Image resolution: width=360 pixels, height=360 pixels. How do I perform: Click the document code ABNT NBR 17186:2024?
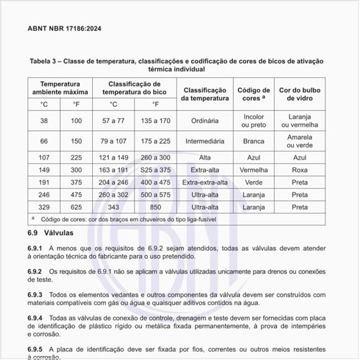(x=64, y=29)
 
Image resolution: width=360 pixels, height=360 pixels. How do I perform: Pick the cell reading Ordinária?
(x=206, y=121)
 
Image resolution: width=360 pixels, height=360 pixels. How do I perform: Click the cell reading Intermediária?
(x=206, y=141)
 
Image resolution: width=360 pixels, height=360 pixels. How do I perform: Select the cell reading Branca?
(x=253, y=141)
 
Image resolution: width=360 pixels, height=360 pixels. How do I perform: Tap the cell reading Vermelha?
(x=253, y=170)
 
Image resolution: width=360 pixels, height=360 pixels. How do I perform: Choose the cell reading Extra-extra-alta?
(x=206, y=183)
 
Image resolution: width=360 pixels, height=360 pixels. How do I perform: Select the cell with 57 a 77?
(x=113, y=121)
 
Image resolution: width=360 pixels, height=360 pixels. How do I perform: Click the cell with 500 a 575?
(x=155, y=194)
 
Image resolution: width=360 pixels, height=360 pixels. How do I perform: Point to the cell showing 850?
(x=155, y=207)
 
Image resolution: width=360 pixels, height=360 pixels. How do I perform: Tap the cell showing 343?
(x=113, y=207)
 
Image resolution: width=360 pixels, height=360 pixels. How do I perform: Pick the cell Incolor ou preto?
(x=253, y=121)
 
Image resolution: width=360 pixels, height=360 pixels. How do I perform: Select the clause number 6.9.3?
(x=35, y=295)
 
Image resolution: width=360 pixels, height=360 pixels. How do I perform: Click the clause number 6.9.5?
(x=35, y=349)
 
